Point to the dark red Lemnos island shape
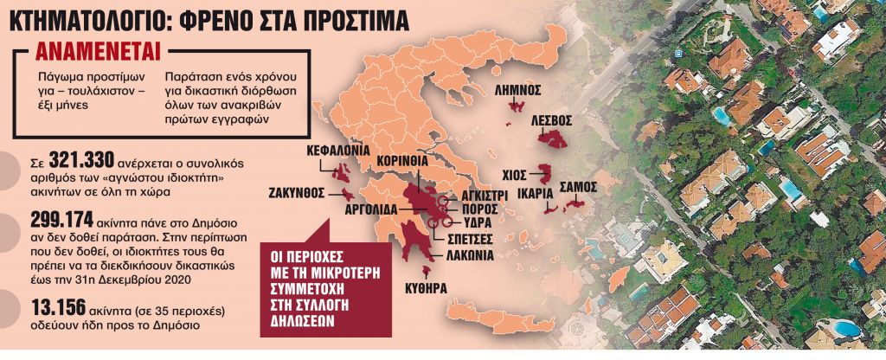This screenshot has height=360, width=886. [x=519, y=106]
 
